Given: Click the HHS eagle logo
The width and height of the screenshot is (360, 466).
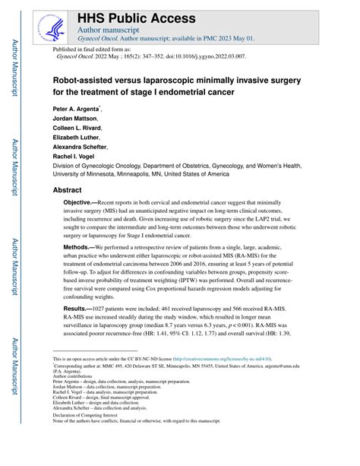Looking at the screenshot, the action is point(52,27).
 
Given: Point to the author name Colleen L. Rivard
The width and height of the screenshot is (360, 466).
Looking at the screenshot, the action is point(77,130).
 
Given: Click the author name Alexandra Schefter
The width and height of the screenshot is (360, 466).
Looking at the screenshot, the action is point(80,148).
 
